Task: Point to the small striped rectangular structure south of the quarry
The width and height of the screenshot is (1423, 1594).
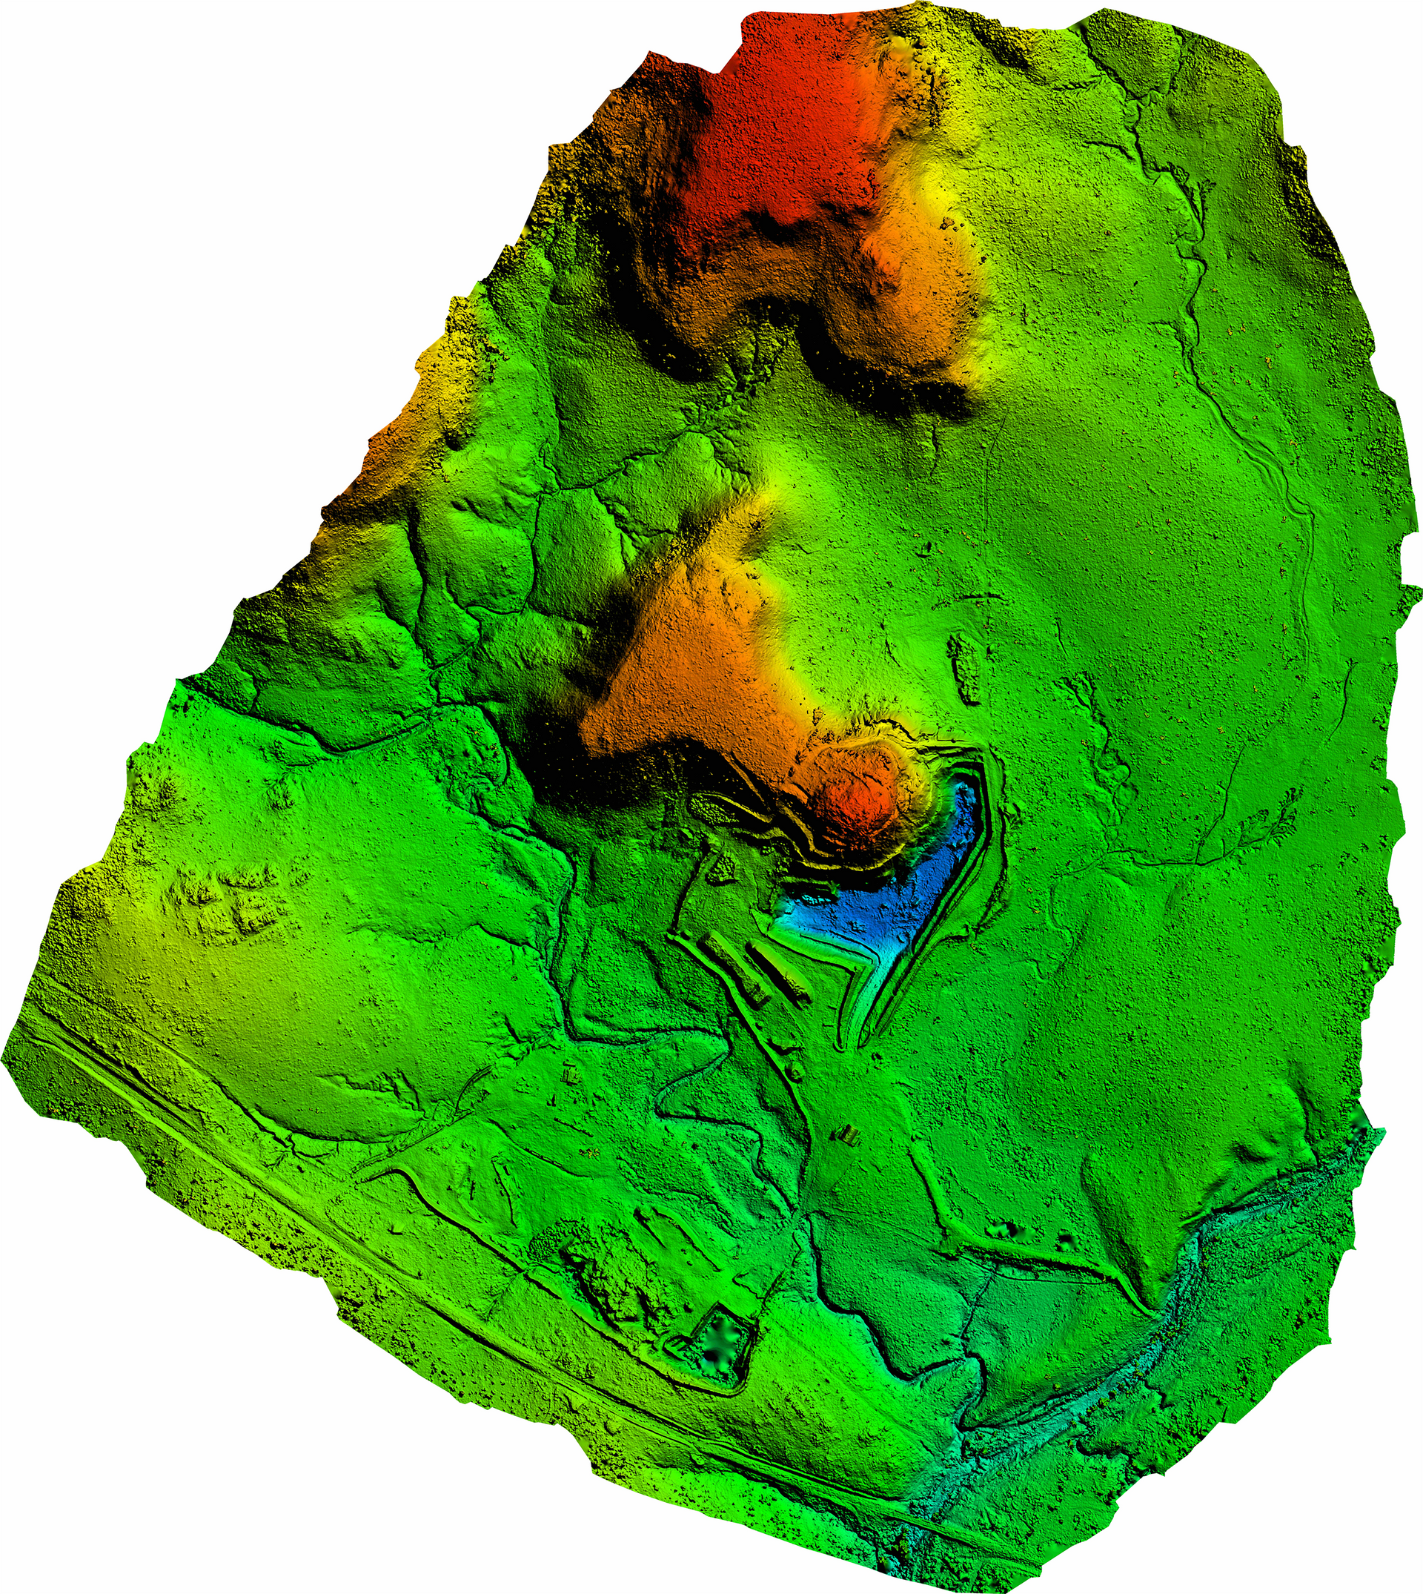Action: point(849,1136)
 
